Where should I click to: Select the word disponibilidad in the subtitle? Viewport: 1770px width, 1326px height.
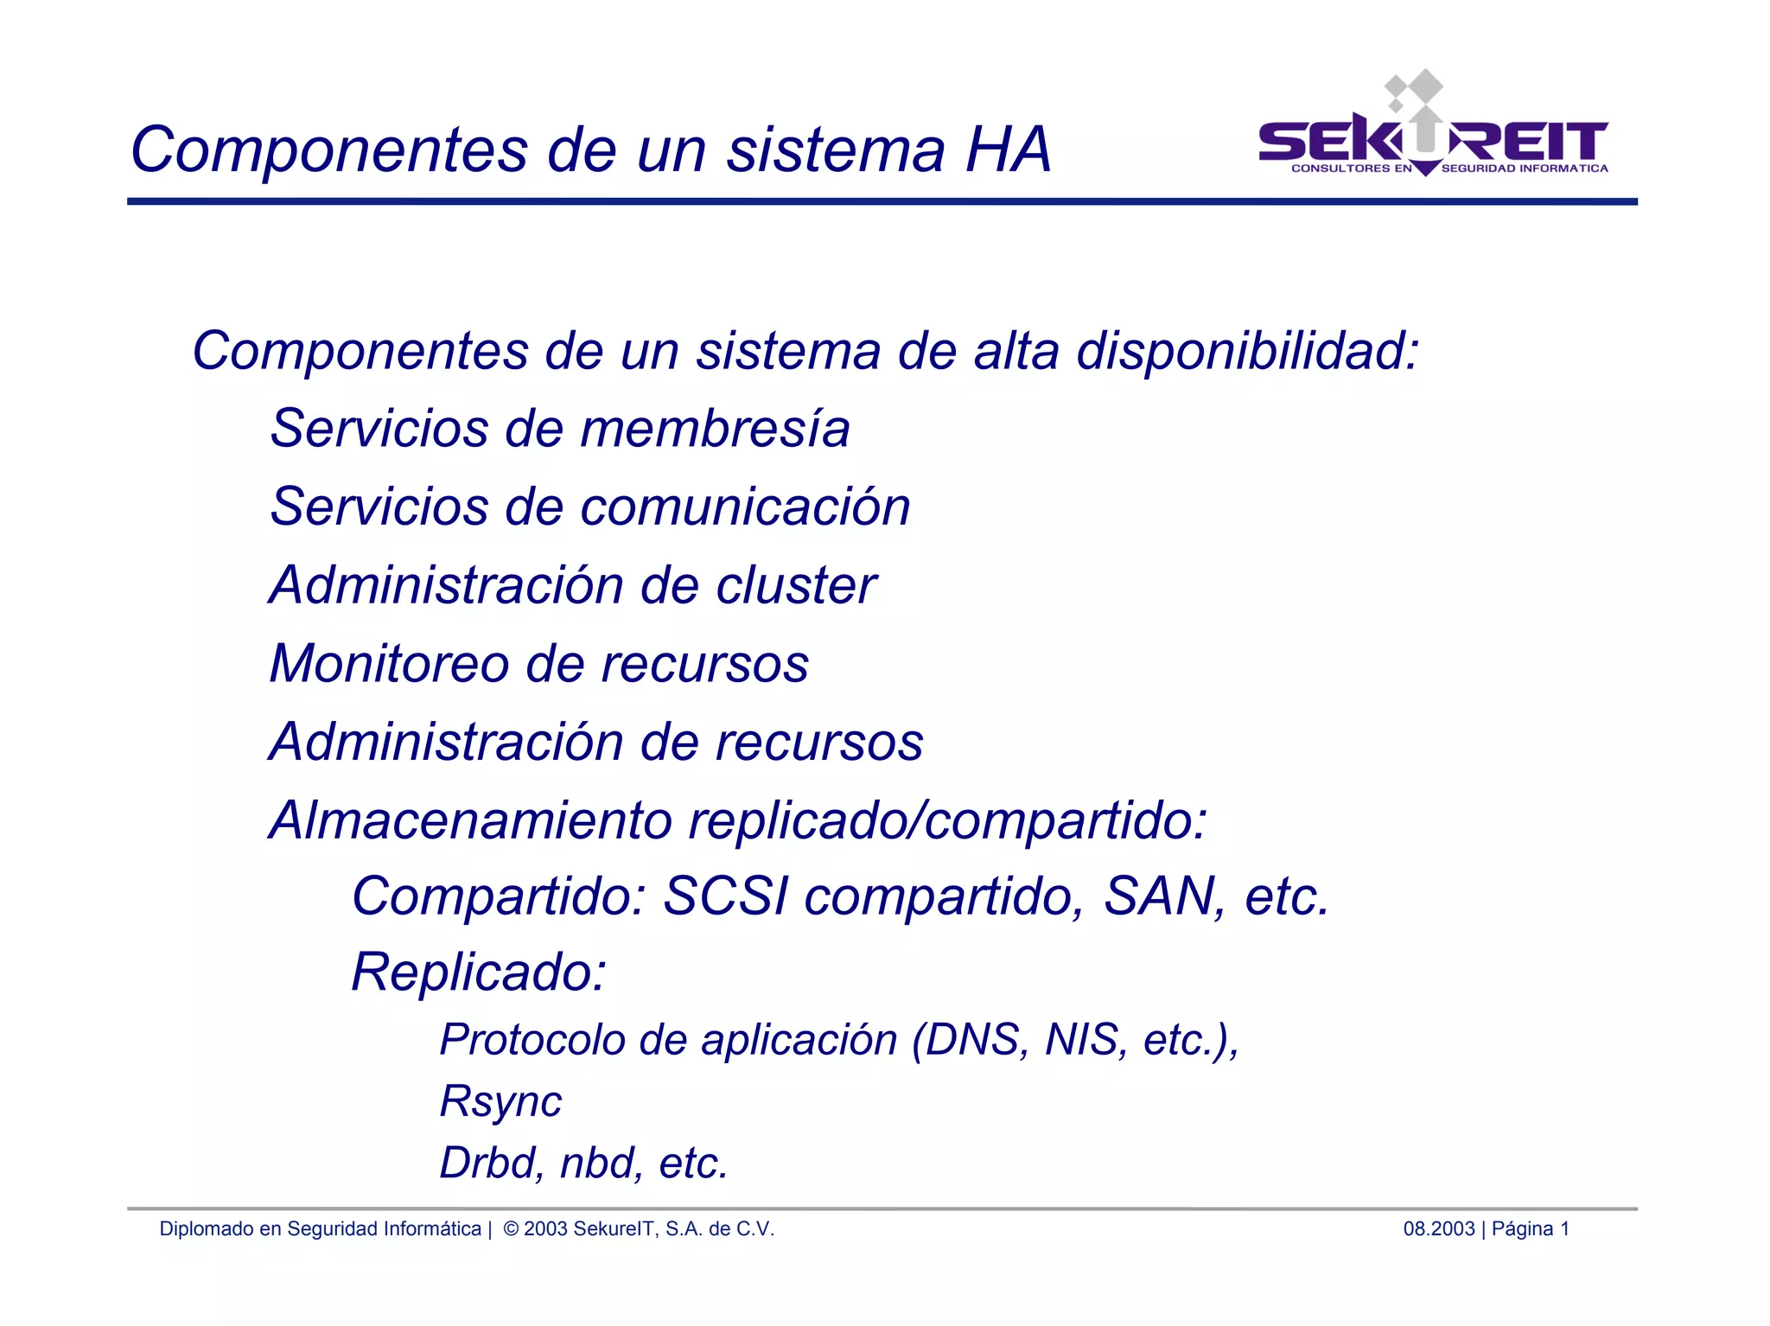click(1247, 352)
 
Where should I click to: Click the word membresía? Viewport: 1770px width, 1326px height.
click(715, 430)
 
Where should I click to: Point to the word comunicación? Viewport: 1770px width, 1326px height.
click(745, 507)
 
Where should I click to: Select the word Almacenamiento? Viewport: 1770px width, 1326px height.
click(470, 820)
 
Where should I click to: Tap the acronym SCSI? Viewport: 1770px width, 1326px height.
click(725, 896)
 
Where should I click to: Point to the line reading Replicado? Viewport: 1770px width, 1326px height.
click(479, 972)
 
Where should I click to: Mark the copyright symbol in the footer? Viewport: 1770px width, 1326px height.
click(511, 1229)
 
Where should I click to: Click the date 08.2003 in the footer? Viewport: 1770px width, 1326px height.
click(1438, 1229)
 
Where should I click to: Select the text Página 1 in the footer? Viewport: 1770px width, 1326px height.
click(1531, 1229)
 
